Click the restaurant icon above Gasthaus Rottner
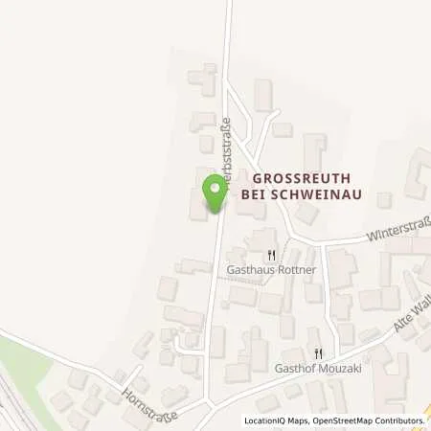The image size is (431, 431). [x=272, y=255]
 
